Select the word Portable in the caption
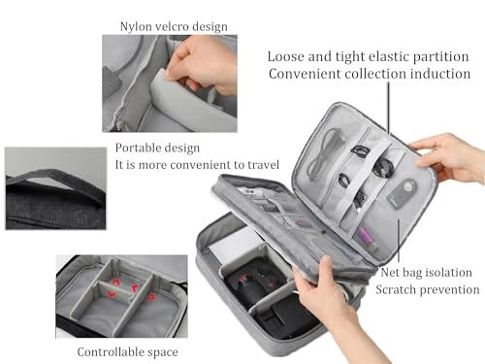(x=136, y=148)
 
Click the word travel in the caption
(x=263, y=165)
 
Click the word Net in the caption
(x=390, y=272)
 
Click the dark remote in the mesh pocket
(x=403, y=193)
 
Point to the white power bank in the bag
(x=234, y=246)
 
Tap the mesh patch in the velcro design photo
(x=112, y=83)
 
